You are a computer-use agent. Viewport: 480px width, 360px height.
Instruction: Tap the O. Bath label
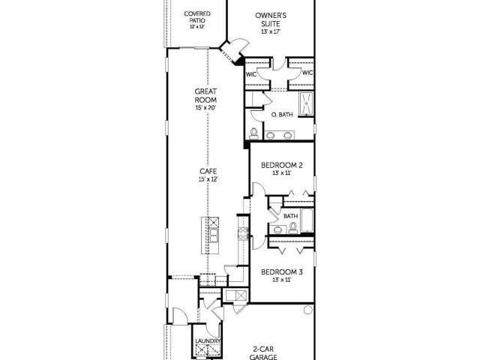coord(282,115)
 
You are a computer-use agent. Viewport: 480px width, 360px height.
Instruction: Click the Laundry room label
coord(208,341)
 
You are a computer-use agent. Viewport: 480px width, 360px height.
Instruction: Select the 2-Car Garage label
coord(263,352)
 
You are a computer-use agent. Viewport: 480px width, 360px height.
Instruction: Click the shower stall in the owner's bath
coord(306,104)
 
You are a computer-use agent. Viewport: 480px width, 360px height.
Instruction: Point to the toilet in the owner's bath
coord(253,133)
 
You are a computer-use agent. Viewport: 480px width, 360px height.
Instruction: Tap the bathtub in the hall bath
coord(307,220)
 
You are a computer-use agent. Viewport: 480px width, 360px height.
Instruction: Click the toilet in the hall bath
coord(293,228)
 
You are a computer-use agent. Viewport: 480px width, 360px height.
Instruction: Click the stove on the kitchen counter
coord(243,234)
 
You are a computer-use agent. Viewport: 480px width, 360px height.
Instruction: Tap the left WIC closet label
coord(251,74)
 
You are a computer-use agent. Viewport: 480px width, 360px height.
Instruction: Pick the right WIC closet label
coord(307,73)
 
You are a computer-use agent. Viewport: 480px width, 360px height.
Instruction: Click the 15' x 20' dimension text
coord(205,108)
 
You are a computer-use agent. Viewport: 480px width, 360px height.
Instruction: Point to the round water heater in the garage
coord(308,310)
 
